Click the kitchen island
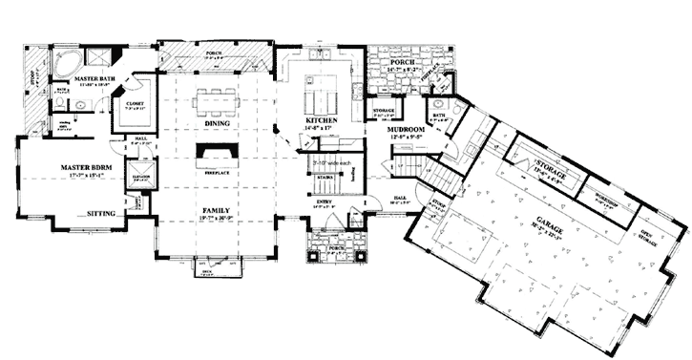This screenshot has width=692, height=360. (319, 95)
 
